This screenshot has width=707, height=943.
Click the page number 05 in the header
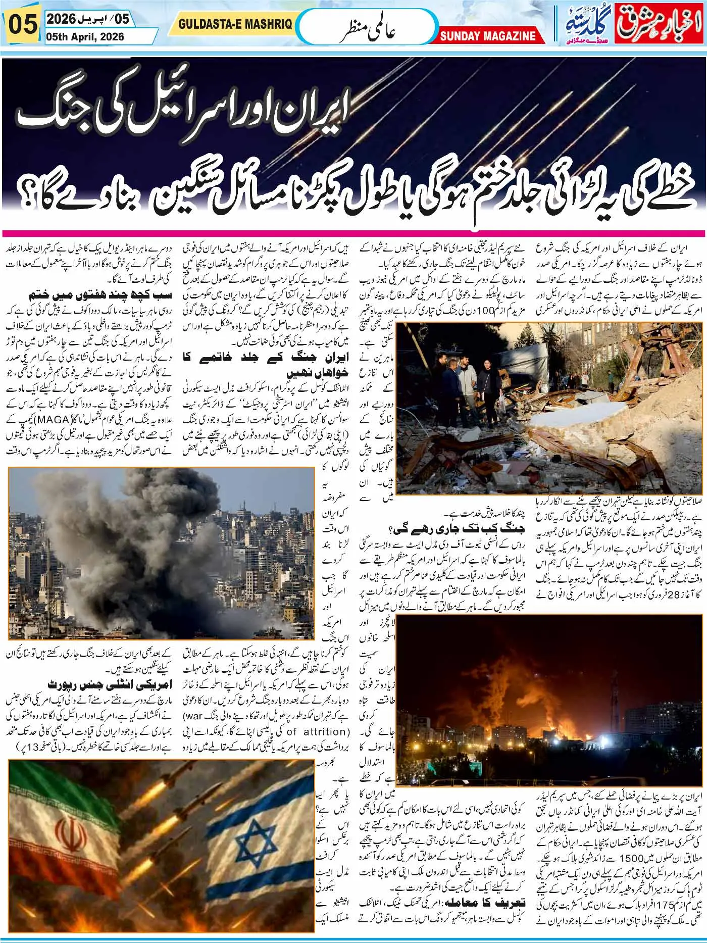[x=22, y=25]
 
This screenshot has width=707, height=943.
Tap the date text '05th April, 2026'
[x=84, y=37]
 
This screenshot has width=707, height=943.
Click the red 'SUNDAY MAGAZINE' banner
[x=487, y=36]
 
